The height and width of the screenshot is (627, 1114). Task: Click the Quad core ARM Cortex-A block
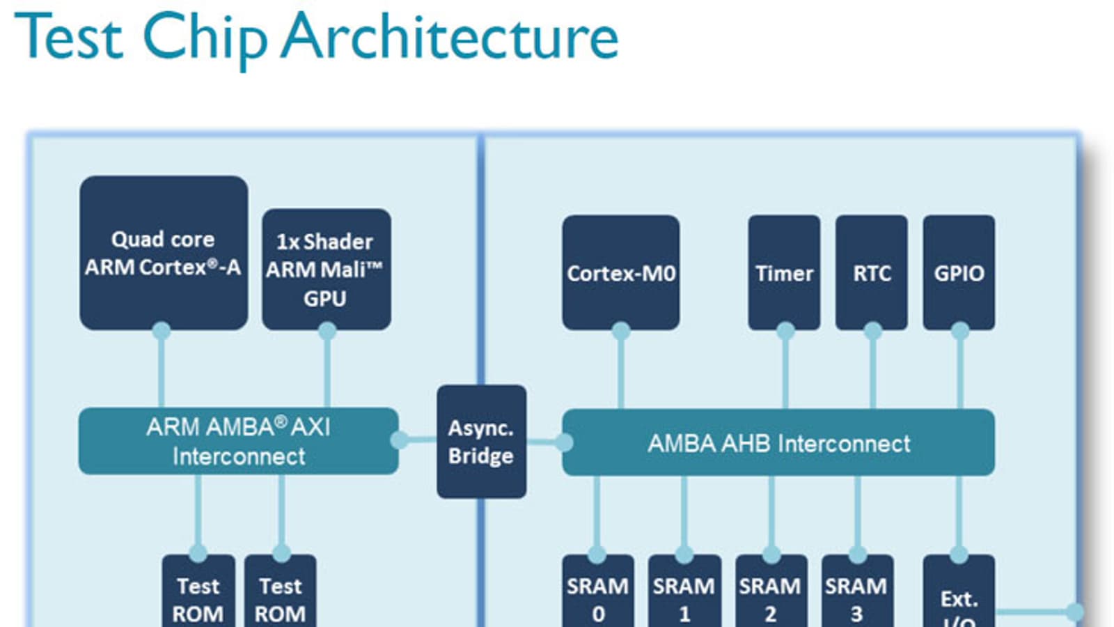[x=164, y=253]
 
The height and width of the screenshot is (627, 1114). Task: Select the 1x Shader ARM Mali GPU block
[x=326, y=269]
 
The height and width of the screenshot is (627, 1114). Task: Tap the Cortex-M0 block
[x=620, y=272]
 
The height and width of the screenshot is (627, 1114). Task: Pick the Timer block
[x=784, y=272]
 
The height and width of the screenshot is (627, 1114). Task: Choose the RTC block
[x=872, y=272]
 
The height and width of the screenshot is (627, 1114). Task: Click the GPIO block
[x=959, y=272]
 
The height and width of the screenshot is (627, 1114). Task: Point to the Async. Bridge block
[x=481, y=441]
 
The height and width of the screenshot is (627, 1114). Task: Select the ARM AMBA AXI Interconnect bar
[x=238, y=441]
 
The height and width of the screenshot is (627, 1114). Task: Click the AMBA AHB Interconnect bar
[x=778, y=443]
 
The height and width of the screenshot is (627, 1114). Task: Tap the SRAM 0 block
[x=598, y=596]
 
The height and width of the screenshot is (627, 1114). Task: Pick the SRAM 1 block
[x=684, y=596]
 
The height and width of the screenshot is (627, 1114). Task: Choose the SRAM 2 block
[x=771, y=596]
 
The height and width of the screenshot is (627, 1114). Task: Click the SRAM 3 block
[x=857, y=596]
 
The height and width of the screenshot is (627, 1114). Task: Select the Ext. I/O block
[x=959, y=599]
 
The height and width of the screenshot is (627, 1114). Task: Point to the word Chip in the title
[x=205, y=38]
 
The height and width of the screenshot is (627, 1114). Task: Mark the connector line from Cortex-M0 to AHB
[x=620, y=369]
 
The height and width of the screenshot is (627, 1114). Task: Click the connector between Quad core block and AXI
[x=162, y=369]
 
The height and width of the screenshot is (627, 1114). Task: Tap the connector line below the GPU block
[x=327, y=369]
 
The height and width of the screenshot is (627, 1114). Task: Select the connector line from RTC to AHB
[x=872, y=369]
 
